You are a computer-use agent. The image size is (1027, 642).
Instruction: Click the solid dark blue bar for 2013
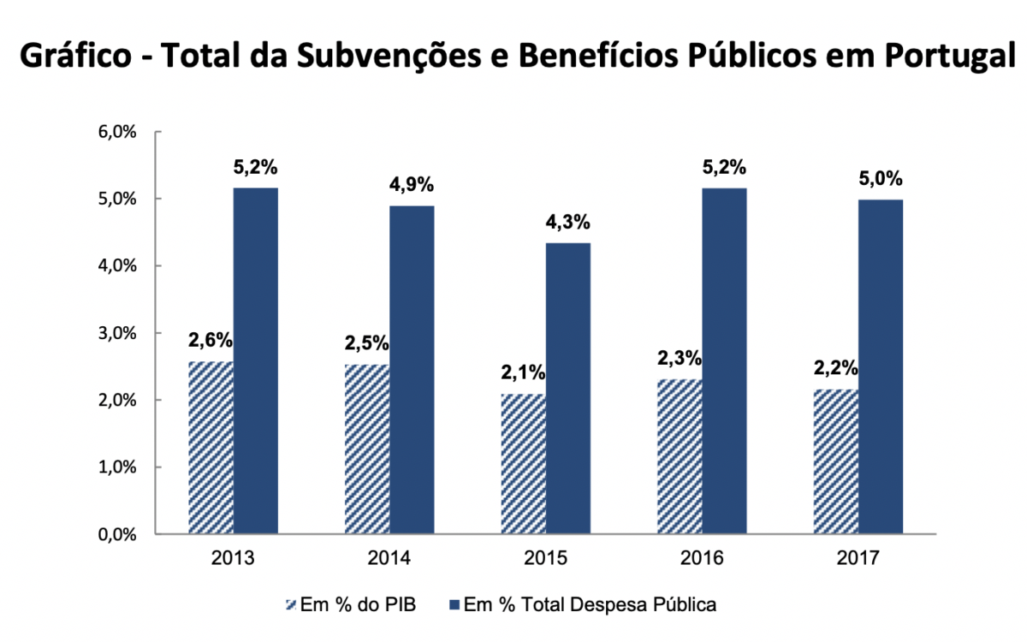(x=255, y=360)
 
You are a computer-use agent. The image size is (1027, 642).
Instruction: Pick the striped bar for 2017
(x=835, y=461)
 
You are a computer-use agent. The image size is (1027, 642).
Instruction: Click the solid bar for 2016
(x=724, y=360)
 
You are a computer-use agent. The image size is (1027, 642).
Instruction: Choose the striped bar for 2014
(x=366, y=449)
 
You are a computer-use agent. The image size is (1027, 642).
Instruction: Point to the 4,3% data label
(x=567, y=223)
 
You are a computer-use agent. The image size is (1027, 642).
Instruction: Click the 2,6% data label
(x=211, y=340)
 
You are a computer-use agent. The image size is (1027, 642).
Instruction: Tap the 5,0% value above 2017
(x=881, y=180)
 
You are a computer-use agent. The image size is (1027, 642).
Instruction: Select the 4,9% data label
(x=412, y=185)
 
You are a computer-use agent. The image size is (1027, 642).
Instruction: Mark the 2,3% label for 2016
(x=680, y=358)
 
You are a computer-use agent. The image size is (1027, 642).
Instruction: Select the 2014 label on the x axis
(x=389, y=558)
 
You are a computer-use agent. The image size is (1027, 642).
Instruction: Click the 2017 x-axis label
(x=858, y=558)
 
